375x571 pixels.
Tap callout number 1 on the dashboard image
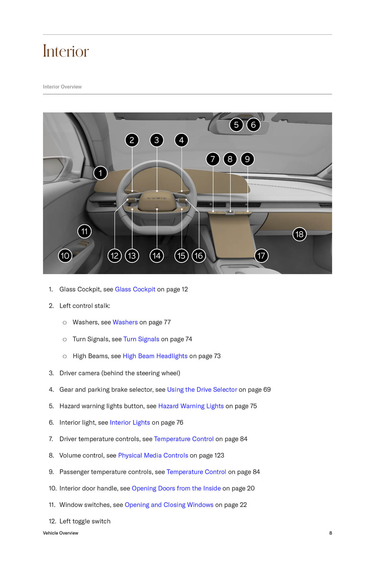point(100,173)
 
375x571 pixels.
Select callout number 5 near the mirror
point(236,125)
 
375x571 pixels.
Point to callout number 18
point(299,234)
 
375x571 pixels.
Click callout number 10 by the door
point(65,256)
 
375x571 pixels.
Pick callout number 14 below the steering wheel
point(157,256)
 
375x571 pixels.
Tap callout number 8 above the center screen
point(230,159)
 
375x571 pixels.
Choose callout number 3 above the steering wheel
point(157,140)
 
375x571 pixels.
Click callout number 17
point(261,256)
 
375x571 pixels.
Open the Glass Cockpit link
point(135,289)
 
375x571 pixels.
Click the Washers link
point(125,322)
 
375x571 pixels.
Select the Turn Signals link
point(141,339)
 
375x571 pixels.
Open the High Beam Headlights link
point(155,356)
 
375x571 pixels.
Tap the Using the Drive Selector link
point(202,390)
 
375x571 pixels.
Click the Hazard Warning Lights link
point(191,406)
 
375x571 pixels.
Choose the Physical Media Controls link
point(153,455)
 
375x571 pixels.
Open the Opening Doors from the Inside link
point(176,488)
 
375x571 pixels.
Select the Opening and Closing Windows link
point(169,505)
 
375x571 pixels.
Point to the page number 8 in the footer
point(330,533)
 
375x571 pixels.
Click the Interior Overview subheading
point(62,87)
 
